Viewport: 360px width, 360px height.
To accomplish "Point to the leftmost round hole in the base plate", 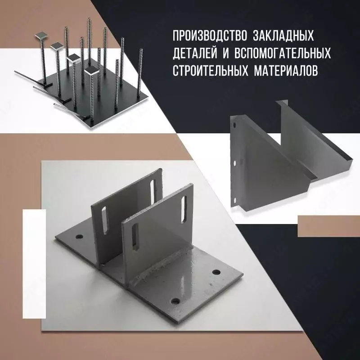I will coord(79,236).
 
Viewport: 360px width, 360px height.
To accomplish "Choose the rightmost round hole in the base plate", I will coord(216,272).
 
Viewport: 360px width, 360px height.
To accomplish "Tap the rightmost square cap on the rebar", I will coord(93,72).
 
